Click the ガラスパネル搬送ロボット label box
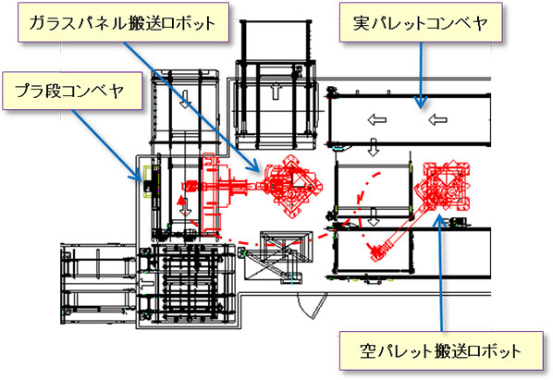[x=123, y=22]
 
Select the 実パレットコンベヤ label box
[x=421, y=22]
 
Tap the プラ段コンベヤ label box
[x=72, y=91]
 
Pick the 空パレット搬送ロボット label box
[x=441, y=350]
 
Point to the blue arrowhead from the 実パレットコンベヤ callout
[x=421, y=103]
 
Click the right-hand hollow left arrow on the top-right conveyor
[x=437, y=120]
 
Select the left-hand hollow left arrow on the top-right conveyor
[x=376, y=120]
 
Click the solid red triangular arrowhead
[x=181, y=201]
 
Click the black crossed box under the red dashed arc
[x=286, y=247]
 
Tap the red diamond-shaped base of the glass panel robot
[x=292, y=186]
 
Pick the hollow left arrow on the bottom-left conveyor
[x=146, y=283]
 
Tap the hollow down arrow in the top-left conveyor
[x=185, y=99]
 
